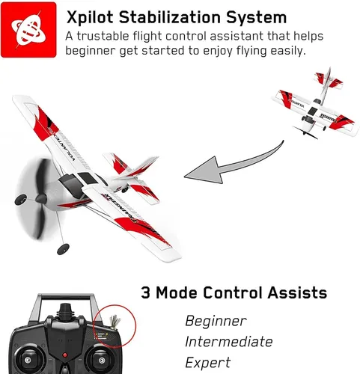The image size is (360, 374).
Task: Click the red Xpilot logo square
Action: (28, 30)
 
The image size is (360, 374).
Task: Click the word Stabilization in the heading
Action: (170, 17)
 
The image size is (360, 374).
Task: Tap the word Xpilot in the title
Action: (90, 18)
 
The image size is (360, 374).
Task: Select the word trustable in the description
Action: (103, 36)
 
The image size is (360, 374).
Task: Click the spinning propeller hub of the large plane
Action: (41, 199)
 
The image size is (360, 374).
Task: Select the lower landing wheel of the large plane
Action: (63, 249)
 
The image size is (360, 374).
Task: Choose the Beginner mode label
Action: (216, 321)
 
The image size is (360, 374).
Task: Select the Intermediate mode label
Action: (229, 342)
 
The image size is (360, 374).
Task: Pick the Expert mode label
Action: (208, 363)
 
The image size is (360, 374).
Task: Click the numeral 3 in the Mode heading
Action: (145, 292)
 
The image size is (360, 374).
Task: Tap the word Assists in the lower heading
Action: (297, 292)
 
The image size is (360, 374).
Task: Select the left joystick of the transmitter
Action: (28, 360)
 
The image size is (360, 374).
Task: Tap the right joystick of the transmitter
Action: (102, 360)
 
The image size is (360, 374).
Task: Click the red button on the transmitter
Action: (65, 355)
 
